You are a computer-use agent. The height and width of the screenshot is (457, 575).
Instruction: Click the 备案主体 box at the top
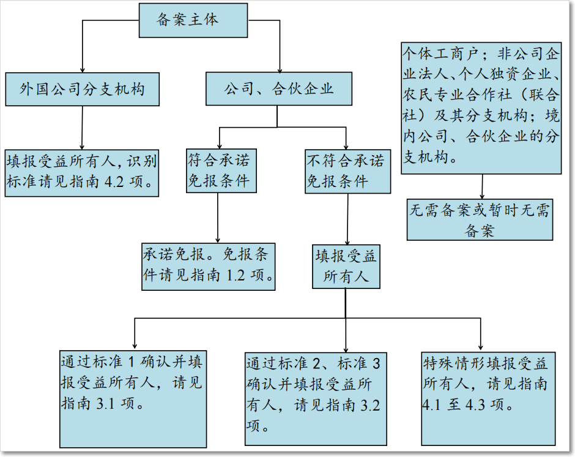pyautogui.click(x=193, y=21)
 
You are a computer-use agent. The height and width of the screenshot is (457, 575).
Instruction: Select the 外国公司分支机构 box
pyautogui.click(x=82, y=89)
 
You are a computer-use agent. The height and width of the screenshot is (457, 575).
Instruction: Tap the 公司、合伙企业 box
pyautogui.click(x=279, y=89)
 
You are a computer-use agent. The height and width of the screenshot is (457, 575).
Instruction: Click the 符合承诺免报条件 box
pyautogui.click(x=221, y=170)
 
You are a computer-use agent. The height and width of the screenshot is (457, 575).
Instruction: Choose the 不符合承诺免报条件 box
pyautogui.click(x=347, y=171)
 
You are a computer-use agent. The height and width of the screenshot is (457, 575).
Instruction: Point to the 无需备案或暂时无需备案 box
pyautogui.click(x=480, y=219)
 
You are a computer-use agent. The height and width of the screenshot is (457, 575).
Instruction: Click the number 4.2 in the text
pyautogui.click(x=114, y=182)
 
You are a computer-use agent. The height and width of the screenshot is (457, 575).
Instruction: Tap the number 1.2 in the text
pyautogui.click(x=236, y=276)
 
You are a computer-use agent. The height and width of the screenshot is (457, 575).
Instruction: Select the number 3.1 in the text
pyautogui.click(x=105, y=404)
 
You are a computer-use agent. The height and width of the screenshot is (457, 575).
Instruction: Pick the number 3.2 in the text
pyautogui.click(x=370, y=406)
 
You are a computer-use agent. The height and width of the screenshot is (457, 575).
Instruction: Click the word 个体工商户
pyautogui.click(x=440, y=54)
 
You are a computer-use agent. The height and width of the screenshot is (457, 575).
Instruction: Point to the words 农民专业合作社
pyautogui.click(x=457, y=95)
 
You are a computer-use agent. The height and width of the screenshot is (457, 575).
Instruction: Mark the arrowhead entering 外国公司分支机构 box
pyautogui.click(x=83, y=70)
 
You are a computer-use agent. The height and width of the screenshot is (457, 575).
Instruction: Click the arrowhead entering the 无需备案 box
pyautogui.click(x=482, y=196)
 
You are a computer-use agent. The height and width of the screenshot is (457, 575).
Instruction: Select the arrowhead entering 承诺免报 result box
pyautogui.click(x=218, y=240)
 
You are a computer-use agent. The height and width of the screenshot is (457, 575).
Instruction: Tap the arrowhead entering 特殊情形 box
pyautogui.click(x=480, y=347)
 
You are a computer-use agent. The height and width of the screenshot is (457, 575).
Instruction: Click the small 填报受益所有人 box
pyautogui.click(x=346, y=266)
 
